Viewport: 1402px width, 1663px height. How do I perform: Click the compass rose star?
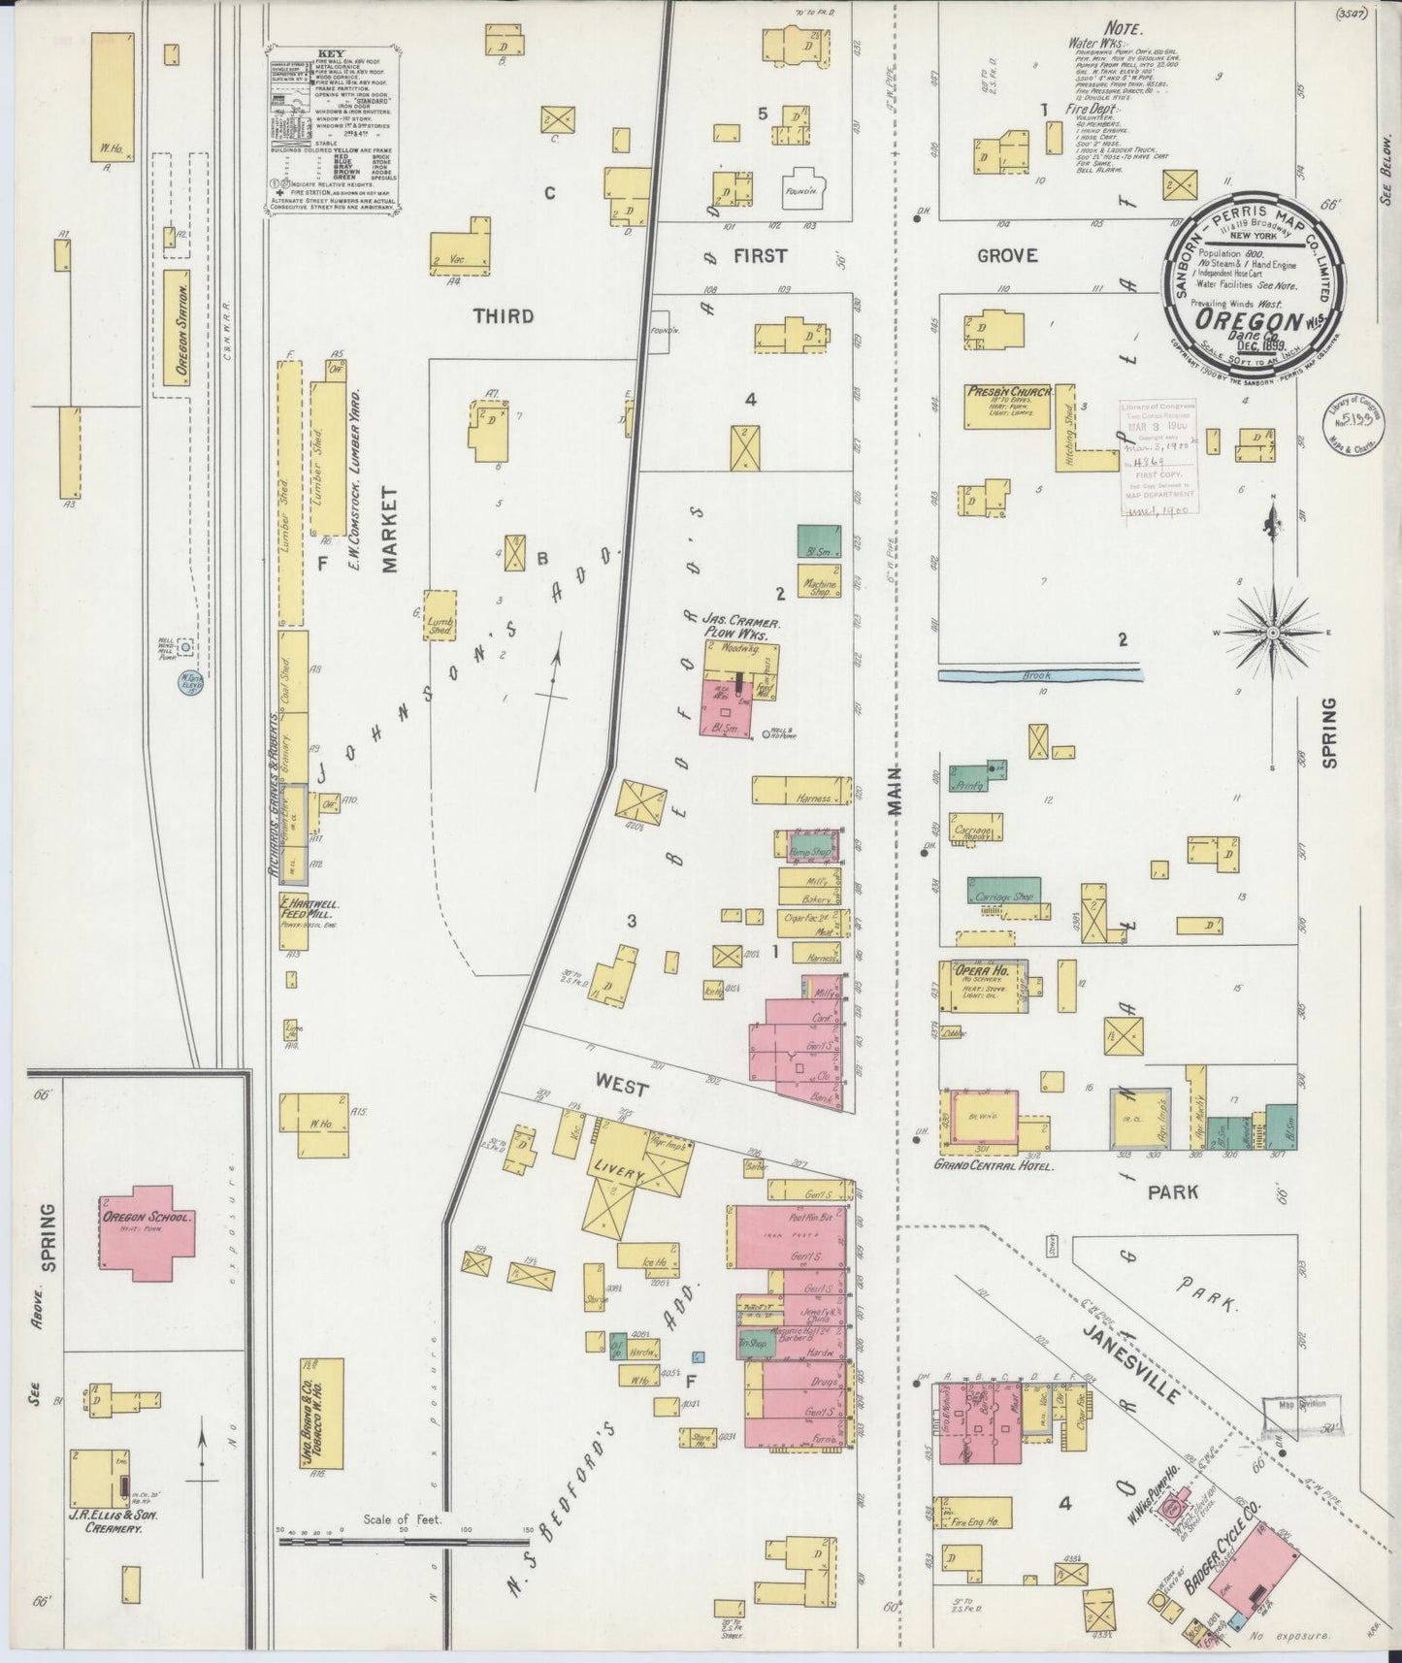tap(1272, 632)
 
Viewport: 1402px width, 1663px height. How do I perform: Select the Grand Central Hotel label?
tap(994, 1165)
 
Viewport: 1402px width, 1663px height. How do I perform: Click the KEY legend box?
tap(332, 131)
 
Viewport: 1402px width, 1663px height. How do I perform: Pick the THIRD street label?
tap(503, 315)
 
